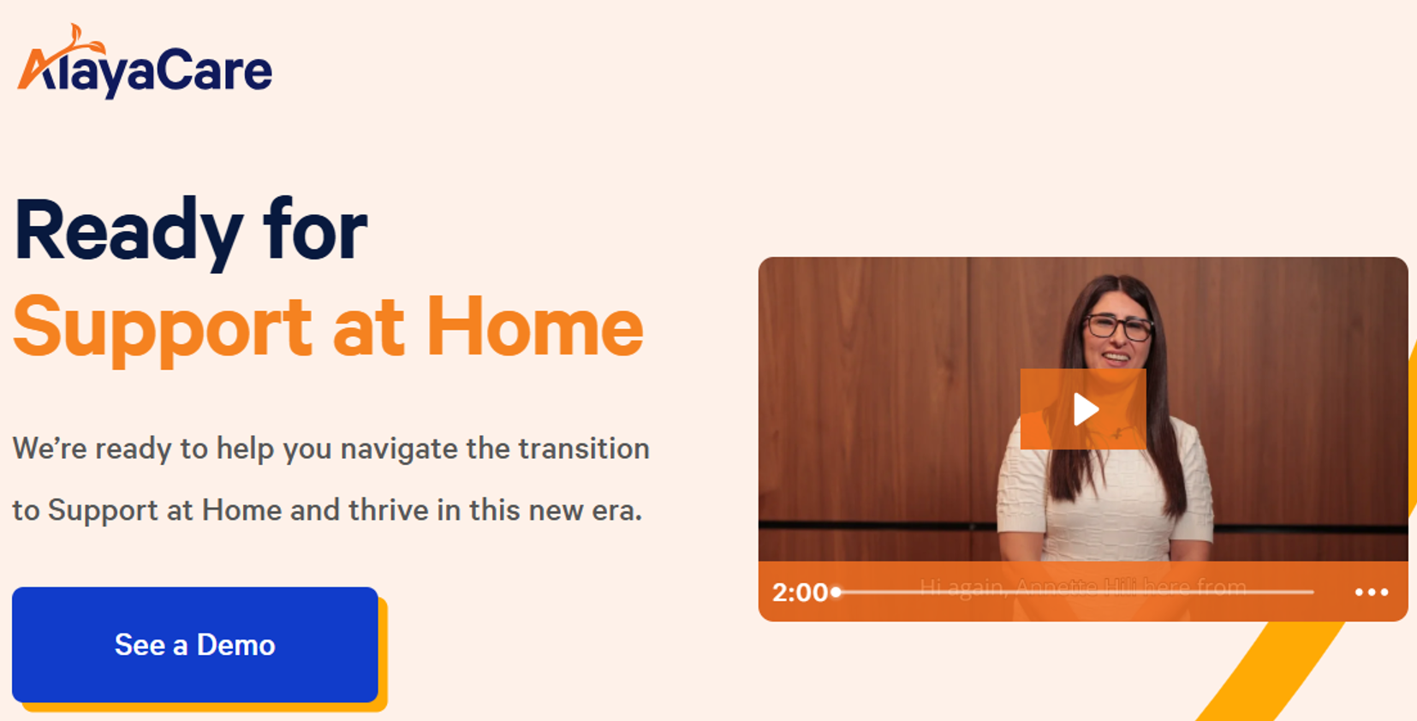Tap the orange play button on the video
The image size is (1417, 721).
(1083, 409)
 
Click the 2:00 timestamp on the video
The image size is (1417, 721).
(800, 592)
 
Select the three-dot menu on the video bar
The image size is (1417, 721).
(1371, 592)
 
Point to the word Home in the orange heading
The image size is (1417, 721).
(534, 328)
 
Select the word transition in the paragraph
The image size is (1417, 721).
(584, 449)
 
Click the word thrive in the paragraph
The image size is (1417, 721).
(388, 510)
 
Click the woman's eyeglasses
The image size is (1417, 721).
(1118, 326)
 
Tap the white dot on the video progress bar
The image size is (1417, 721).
(837, 592)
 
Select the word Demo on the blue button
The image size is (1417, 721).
(235, 645)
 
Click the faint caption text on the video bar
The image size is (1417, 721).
(1082, 587)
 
